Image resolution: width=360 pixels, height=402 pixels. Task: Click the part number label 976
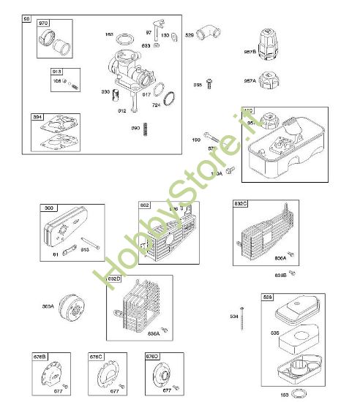[43, 23]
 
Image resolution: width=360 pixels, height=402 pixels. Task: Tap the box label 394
[37, 116]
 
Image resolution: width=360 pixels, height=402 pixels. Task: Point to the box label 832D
[114, 279]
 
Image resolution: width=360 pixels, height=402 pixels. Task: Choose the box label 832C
[241, 203]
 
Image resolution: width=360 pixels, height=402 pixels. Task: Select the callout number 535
[255, 332]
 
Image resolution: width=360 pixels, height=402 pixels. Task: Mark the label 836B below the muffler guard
[280, 276]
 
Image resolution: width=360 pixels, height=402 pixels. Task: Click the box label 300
[48, 209]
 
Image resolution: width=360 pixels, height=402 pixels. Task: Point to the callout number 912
[122, 110]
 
